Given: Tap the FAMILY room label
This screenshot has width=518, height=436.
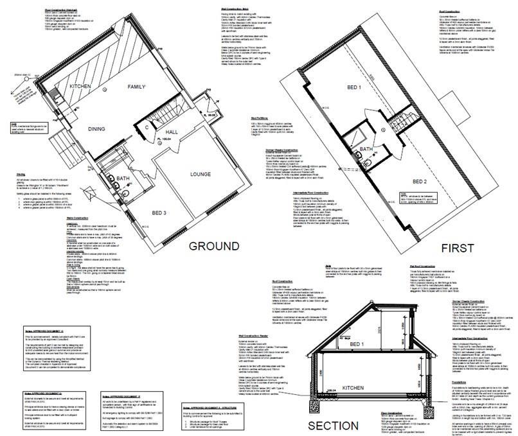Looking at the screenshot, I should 137,86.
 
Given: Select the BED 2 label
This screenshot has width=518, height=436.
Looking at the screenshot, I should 420,182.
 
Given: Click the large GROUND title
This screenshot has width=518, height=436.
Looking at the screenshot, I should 213,247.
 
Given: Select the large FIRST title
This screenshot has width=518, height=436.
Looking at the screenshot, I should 457,247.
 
